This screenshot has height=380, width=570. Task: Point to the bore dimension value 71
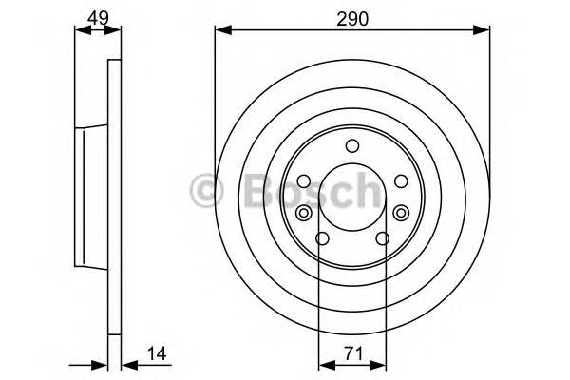pyautogui.click(x=352, y=353)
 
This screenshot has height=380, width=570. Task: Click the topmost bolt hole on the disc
pyautogui.click(x=352, y=145)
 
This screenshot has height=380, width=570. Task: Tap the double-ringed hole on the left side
pyautogui.click(x=303, y=213)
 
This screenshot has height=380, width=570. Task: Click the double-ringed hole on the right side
pyautogui.click(x=402, y=213)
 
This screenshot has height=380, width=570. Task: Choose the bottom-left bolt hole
pyautogui.click(x=322, y=239)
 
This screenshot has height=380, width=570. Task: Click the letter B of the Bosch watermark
pyautogui.click(x=250, y=190)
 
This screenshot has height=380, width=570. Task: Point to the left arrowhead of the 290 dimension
pyautogui.click(x=220, y=30)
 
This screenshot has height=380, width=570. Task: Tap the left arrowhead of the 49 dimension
pyautogui.click(x=79, y=30)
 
